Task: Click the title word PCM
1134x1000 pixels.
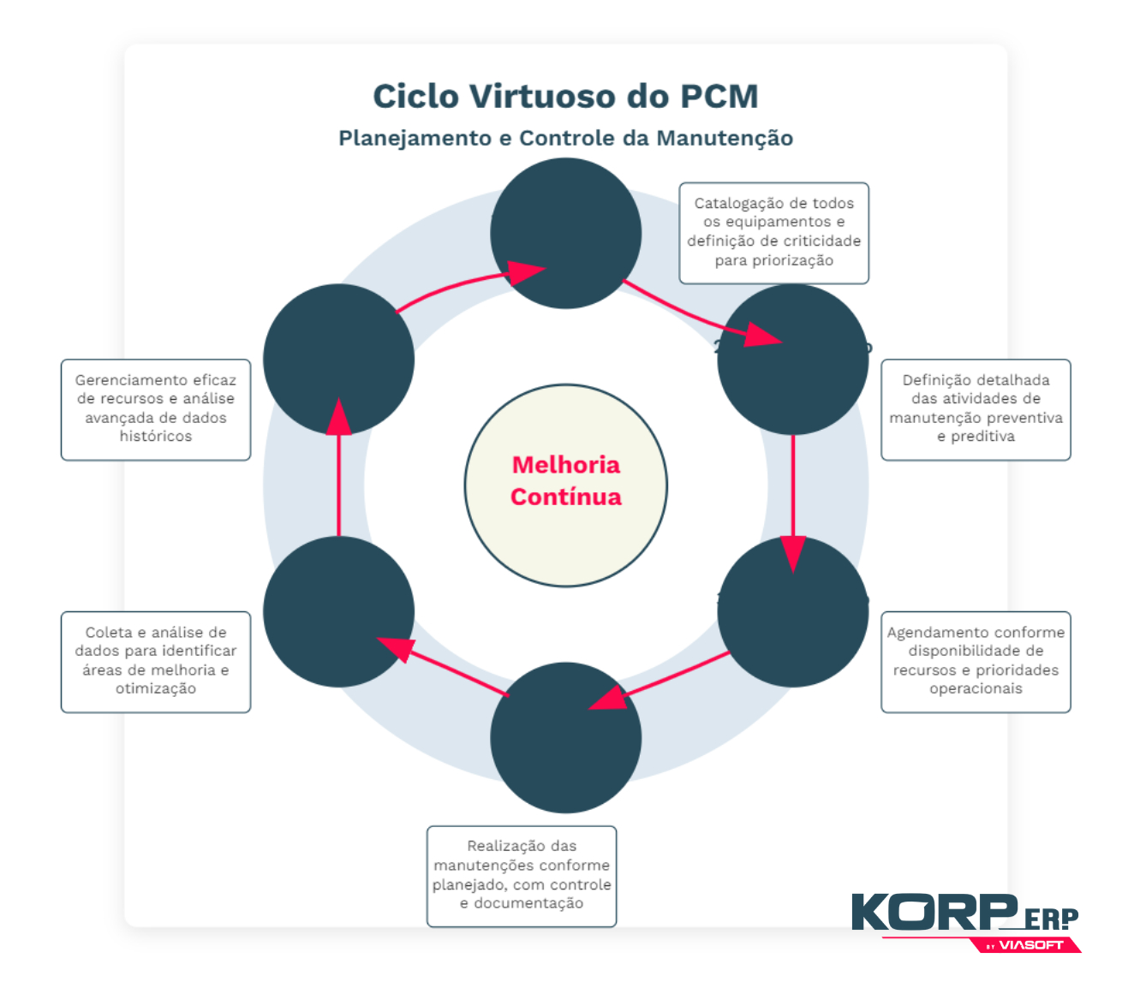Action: tap(719, 96)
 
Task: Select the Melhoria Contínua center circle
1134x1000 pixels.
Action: tap(565, 485)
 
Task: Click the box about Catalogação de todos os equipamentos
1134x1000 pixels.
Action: tap(773, 232)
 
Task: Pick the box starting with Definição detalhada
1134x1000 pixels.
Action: tap(976, 409)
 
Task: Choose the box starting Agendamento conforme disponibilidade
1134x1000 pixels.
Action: tap(976, 661)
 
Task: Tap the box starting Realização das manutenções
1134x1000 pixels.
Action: tap(522, 875)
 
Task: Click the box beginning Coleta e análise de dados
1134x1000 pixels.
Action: tap(156, 661)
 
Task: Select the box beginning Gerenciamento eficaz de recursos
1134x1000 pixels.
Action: tap(156, 409)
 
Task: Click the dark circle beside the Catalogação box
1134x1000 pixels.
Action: tap(565, 233)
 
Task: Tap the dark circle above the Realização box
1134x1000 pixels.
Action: tap(565, 737)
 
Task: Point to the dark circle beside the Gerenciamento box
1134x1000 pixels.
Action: tap(338, 359)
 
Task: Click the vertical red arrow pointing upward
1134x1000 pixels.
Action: tap(339, 471)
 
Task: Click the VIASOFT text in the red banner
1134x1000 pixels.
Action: tap(1031, 945)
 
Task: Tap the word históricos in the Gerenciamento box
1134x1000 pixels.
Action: tap(156, 437)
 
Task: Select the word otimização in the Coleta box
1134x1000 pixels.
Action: tap(156, 689)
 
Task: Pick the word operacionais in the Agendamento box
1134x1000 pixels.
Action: tap(976, 689)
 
